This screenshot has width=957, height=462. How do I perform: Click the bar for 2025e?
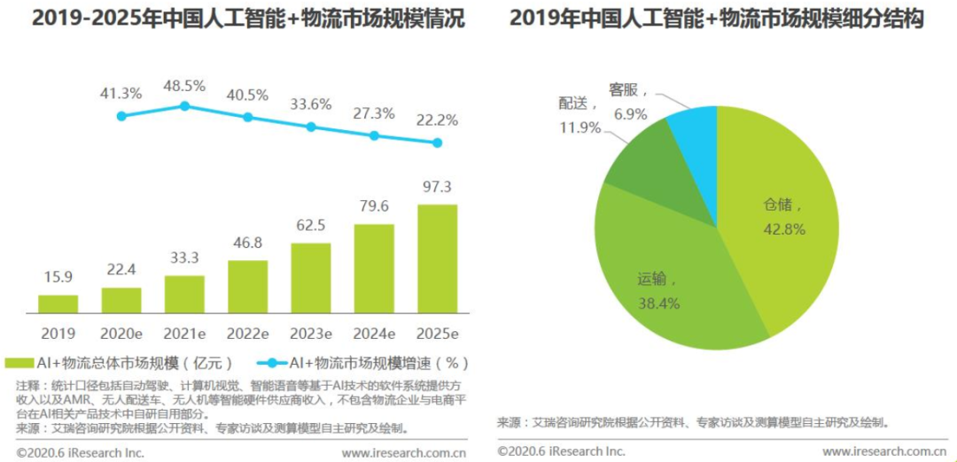[x=438, y=259]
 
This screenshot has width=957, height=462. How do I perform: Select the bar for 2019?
[x=58, y=304]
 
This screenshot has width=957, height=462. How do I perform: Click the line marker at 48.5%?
[x=184, y=105]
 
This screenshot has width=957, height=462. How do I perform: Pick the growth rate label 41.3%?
[x=121, y=93]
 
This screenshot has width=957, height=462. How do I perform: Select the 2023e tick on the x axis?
[x=311, y=334]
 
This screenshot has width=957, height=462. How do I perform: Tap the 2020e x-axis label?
[x=121, y=334]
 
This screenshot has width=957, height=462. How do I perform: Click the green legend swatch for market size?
[x=18, y=363]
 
